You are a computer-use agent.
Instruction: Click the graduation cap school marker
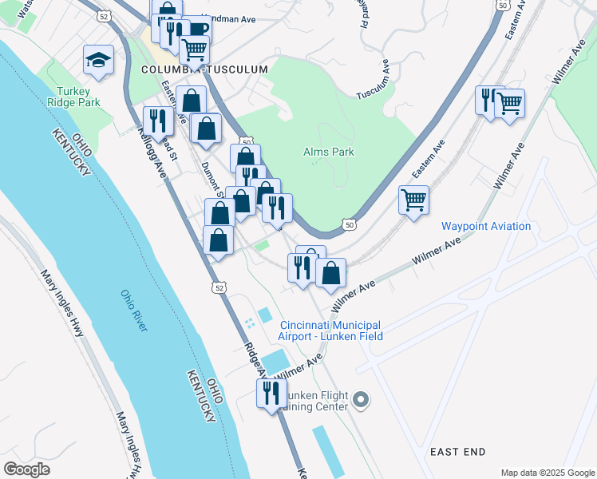point(99,60)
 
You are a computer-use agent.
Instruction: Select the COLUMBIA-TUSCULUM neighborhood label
point(204,70)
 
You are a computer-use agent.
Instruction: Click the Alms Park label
point(328,152)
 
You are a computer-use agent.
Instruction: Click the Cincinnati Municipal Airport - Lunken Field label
point(331,331)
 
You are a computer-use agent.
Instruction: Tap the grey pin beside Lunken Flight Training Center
point(361,398)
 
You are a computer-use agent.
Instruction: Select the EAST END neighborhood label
point(457,452)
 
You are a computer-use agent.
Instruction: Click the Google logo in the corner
point(26,469)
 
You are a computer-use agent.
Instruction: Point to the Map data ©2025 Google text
point(547,473)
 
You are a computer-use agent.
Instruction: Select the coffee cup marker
point(196,30)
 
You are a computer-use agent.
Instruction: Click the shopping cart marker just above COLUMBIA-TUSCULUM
point(194,49)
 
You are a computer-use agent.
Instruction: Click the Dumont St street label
point(211,178)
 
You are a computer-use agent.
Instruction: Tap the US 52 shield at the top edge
point(105,15)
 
